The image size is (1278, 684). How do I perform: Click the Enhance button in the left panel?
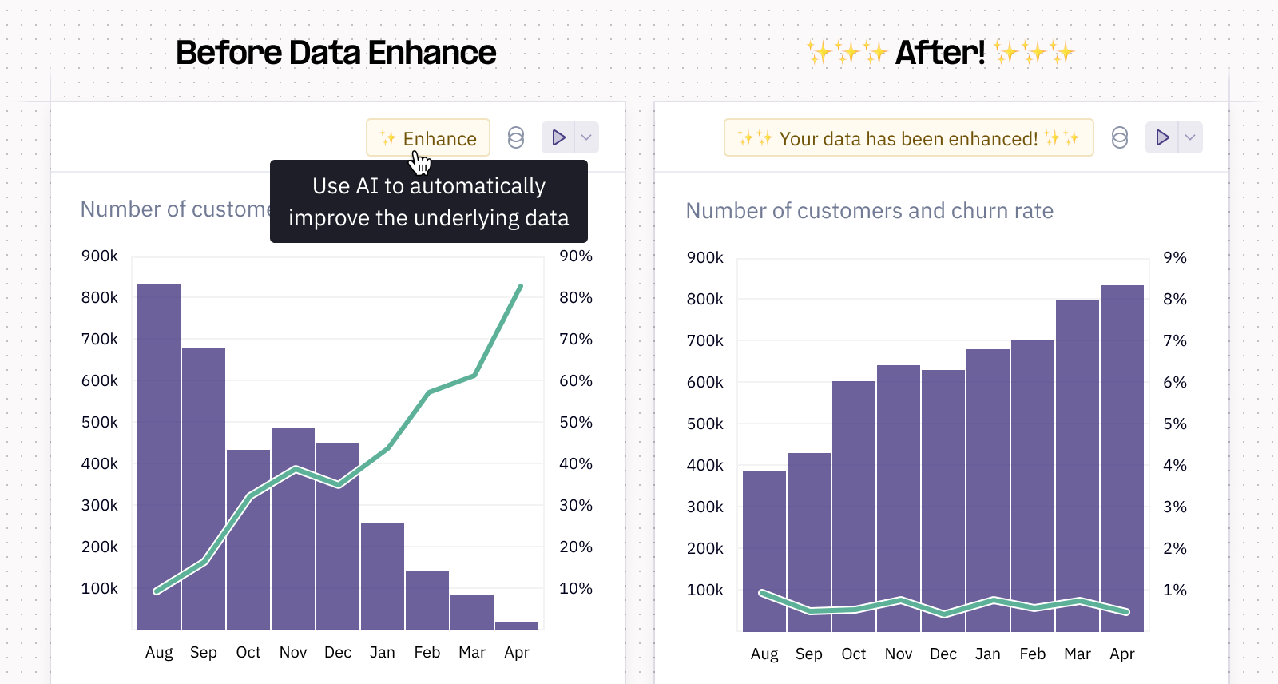(428, 138)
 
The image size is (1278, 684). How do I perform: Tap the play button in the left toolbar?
(558, 137)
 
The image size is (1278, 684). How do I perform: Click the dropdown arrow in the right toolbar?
(1190, 137)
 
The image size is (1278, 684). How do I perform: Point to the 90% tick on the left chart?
(576, 256)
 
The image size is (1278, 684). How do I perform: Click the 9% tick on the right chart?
(1175, 258)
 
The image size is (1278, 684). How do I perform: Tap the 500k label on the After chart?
(705, 424)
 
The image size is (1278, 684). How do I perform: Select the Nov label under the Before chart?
(293, 652)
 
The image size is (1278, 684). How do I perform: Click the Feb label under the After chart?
(1033, 654)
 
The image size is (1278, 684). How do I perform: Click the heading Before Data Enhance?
(335, 53)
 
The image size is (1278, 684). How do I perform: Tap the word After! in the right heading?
(940, 53)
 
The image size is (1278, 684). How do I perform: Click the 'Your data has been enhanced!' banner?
(908, 138)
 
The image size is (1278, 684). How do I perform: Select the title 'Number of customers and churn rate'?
(870, 211)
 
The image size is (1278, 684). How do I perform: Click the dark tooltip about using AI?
(429, 201)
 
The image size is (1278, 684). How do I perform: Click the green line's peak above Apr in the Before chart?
(521, 286)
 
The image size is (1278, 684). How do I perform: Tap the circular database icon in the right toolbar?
(1120, 137)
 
